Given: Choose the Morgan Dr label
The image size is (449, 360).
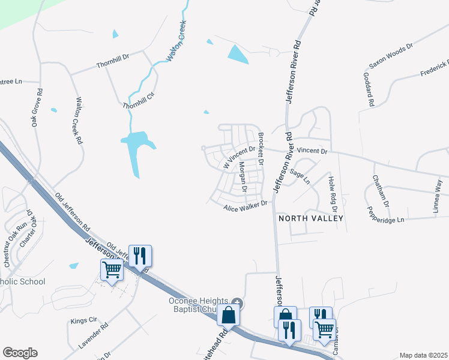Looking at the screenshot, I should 243,177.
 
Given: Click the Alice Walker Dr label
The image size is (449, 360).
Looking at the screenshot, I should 244,207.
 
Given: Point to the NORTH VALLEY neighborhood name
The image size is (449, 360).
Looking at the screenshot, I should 311,218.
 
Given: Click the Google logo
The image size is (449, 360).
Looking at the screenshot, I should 20,353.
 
